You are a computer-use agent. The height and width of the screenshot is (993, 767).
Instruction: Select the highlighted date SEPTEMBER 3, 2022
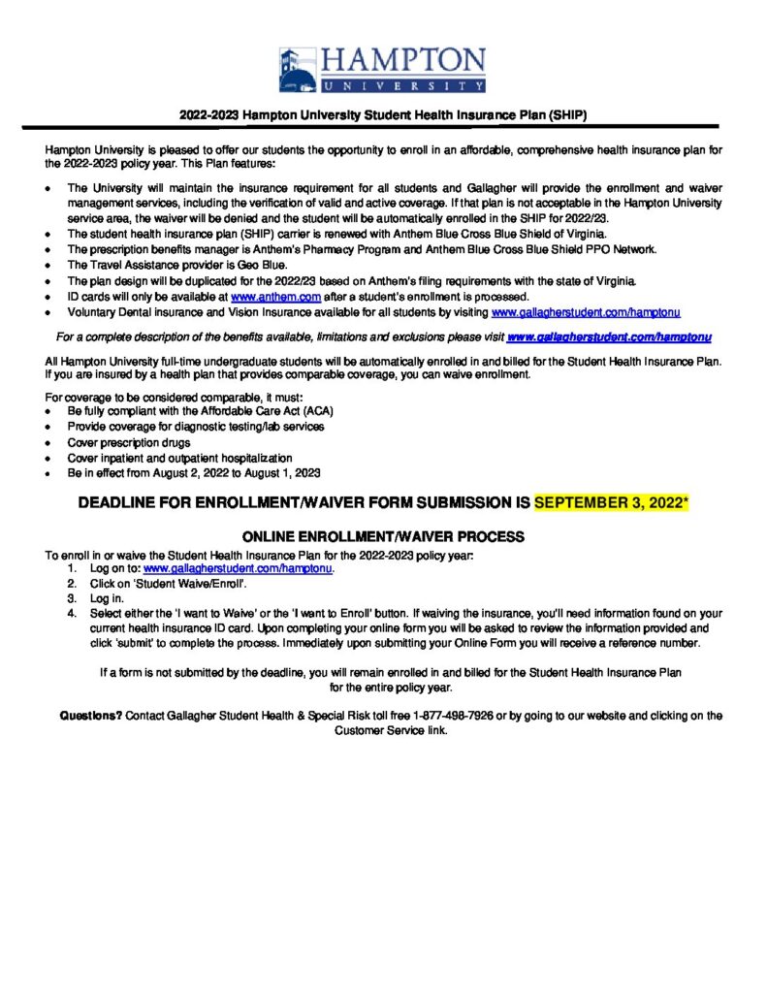click(608, 504)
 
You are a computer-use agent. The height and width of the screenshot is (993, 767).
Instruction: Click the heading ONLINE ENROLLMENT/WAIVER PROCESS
click(383, 536)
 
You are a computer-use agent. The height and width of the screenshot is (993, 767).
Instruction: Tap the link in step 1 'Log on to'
click(238, 569)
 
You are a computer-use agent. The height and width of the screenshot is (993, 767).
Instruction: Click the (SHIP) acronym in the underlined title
click(568, 113)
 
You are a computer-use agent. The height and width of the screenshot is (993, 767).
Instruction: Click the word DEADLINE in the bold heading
click(121, 504)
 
